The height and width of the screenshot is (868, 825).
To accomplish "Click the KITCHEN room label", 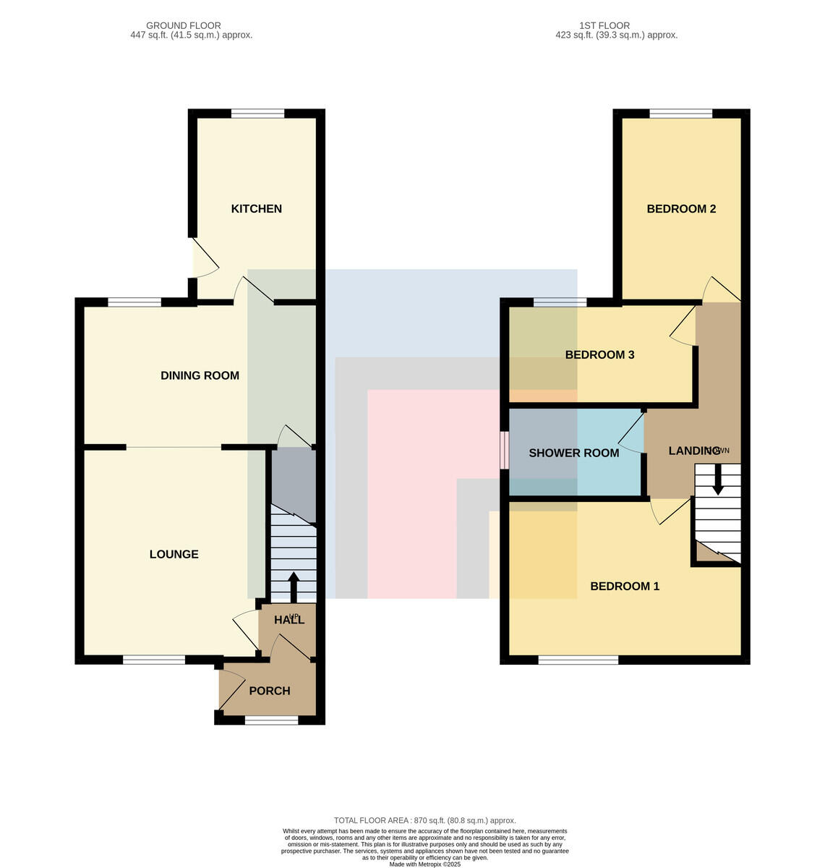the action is pos(256,208).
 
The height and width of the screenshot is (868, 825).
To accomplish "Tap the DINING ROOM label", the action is pos(200,375).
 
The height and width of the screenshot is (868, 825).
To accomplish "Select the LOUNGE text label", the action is pos(174,554).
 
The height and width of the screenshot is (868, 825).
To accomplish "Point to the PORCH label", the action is pos(269,691).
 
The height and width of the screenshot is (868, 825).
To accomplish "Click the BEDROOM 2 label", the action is pos(681,208).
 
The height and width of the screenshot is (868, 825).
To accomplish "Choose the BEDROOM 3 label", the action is pos(599,354).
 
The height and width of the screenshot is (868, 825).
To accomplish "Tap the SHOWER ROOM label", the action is pos(573,453).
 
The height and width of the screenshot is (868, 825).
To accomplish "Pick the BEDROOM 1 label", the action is pos(625,587).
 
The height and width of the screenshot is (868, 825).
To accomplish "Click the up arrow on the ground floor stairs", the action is pos(293,587).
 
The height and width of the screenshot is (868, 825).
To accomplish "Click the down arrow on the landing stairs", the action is pos(718,479).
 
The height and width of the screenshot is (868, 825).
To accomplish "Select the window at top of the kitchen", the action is pos(258,114).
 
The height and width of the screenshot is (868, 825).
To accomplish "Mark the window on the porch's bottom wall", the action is pos(271,720).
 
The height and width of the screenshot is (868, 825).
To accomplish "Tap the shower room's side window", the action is pos(504,450).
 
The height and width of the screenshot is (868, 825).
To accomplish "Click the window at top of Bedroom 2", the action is pos(680,114).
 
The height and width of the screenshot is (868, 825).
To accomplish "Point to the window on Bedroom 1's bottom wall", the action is pos(578,660).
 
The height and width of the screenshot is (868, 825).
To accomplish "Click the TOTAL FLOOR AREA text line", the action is pos(424,821).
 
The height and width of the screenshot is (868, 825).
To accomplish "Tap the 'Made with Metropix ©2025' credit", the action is pos(424,865).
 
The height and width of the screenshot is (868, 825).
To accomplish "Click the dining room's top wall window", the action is pos(134,302).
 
